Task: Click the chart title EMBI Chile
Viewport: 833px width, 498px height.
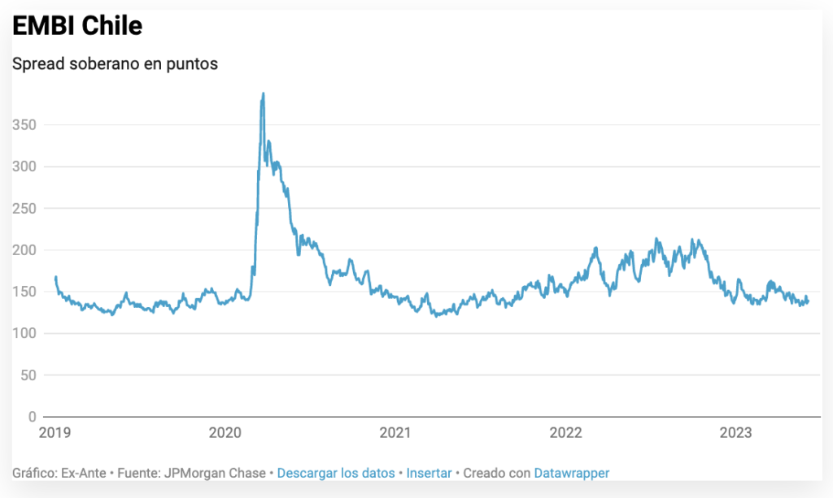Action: pos(77,26)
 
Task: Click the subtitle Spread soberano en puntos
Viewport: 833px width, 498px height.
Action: pos(115,63)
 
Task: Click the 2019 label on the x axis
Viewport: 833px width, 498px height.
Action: pos(55,433)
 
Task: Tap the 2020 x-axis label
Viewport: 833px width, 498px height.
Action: pos(225,433)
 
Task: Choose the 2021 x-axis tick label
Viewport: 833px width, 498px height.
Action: pos(395,433)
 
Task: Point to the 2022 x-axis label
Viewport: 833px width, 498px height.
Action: pos(565,433)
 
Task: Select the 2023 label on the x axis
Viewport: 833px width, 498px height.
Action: pos(735,433)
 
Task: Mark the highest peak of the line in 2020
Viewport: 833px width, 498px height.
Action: pos(263,93)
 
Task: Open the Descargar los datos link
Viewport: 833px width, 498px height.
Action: pos(336,473)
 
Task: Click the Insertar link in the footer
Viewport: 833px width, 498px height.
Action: pos(430,473)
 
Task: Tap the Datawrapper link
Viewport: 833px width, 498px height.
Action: pos(571,473)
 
